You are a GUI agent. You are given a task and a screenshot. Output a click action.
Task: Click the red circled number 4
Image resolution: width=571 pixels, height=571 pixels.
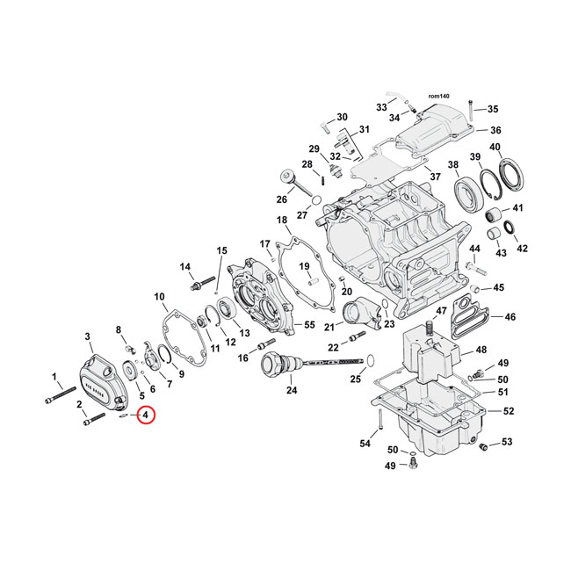coord(145,414)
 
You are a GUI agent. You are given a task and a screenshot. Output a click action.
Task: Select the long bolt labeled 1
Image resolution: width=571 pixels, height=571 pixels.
coord(61,397)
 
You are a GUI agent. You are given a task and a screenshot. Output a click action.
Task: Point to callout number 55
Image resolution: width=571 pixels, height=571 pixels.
coord(308,324)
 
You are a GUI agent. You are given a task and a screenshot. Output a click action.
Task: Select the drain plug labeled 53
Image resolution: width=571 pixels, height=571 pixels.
coord(483,449)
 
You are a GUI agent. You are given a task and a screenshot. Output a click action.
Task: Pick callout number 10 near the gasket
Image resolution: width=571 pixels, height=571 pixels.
coord(159,296)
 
